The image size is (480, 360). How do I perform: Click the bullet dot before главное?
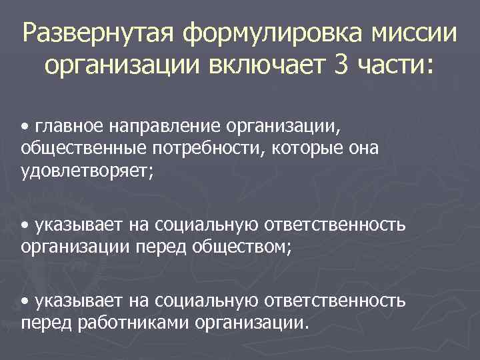25,125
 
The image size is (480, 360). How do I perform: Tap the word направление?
165,125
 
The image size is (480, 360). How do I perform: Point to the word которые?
308,148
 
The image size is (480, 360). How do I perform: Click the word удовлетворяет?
87,171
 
